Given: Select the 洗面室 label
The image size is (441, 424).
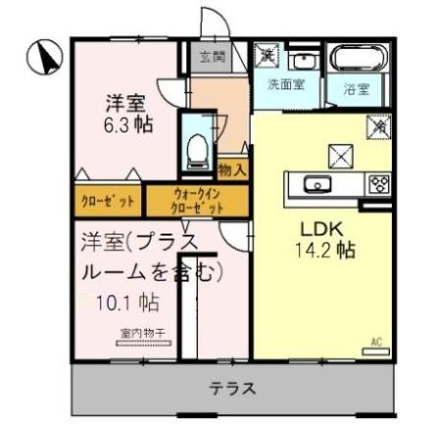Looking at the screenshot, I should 285,84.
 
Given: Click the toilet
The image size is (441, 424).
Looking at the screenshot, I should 197,143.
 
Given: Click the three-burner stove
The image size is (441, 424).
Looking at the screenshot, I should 379,183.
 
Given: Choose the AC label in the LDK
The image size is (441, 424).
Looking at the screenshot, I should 374,343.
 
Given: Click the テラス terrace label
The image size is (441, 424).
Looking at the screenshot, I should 233,389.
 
